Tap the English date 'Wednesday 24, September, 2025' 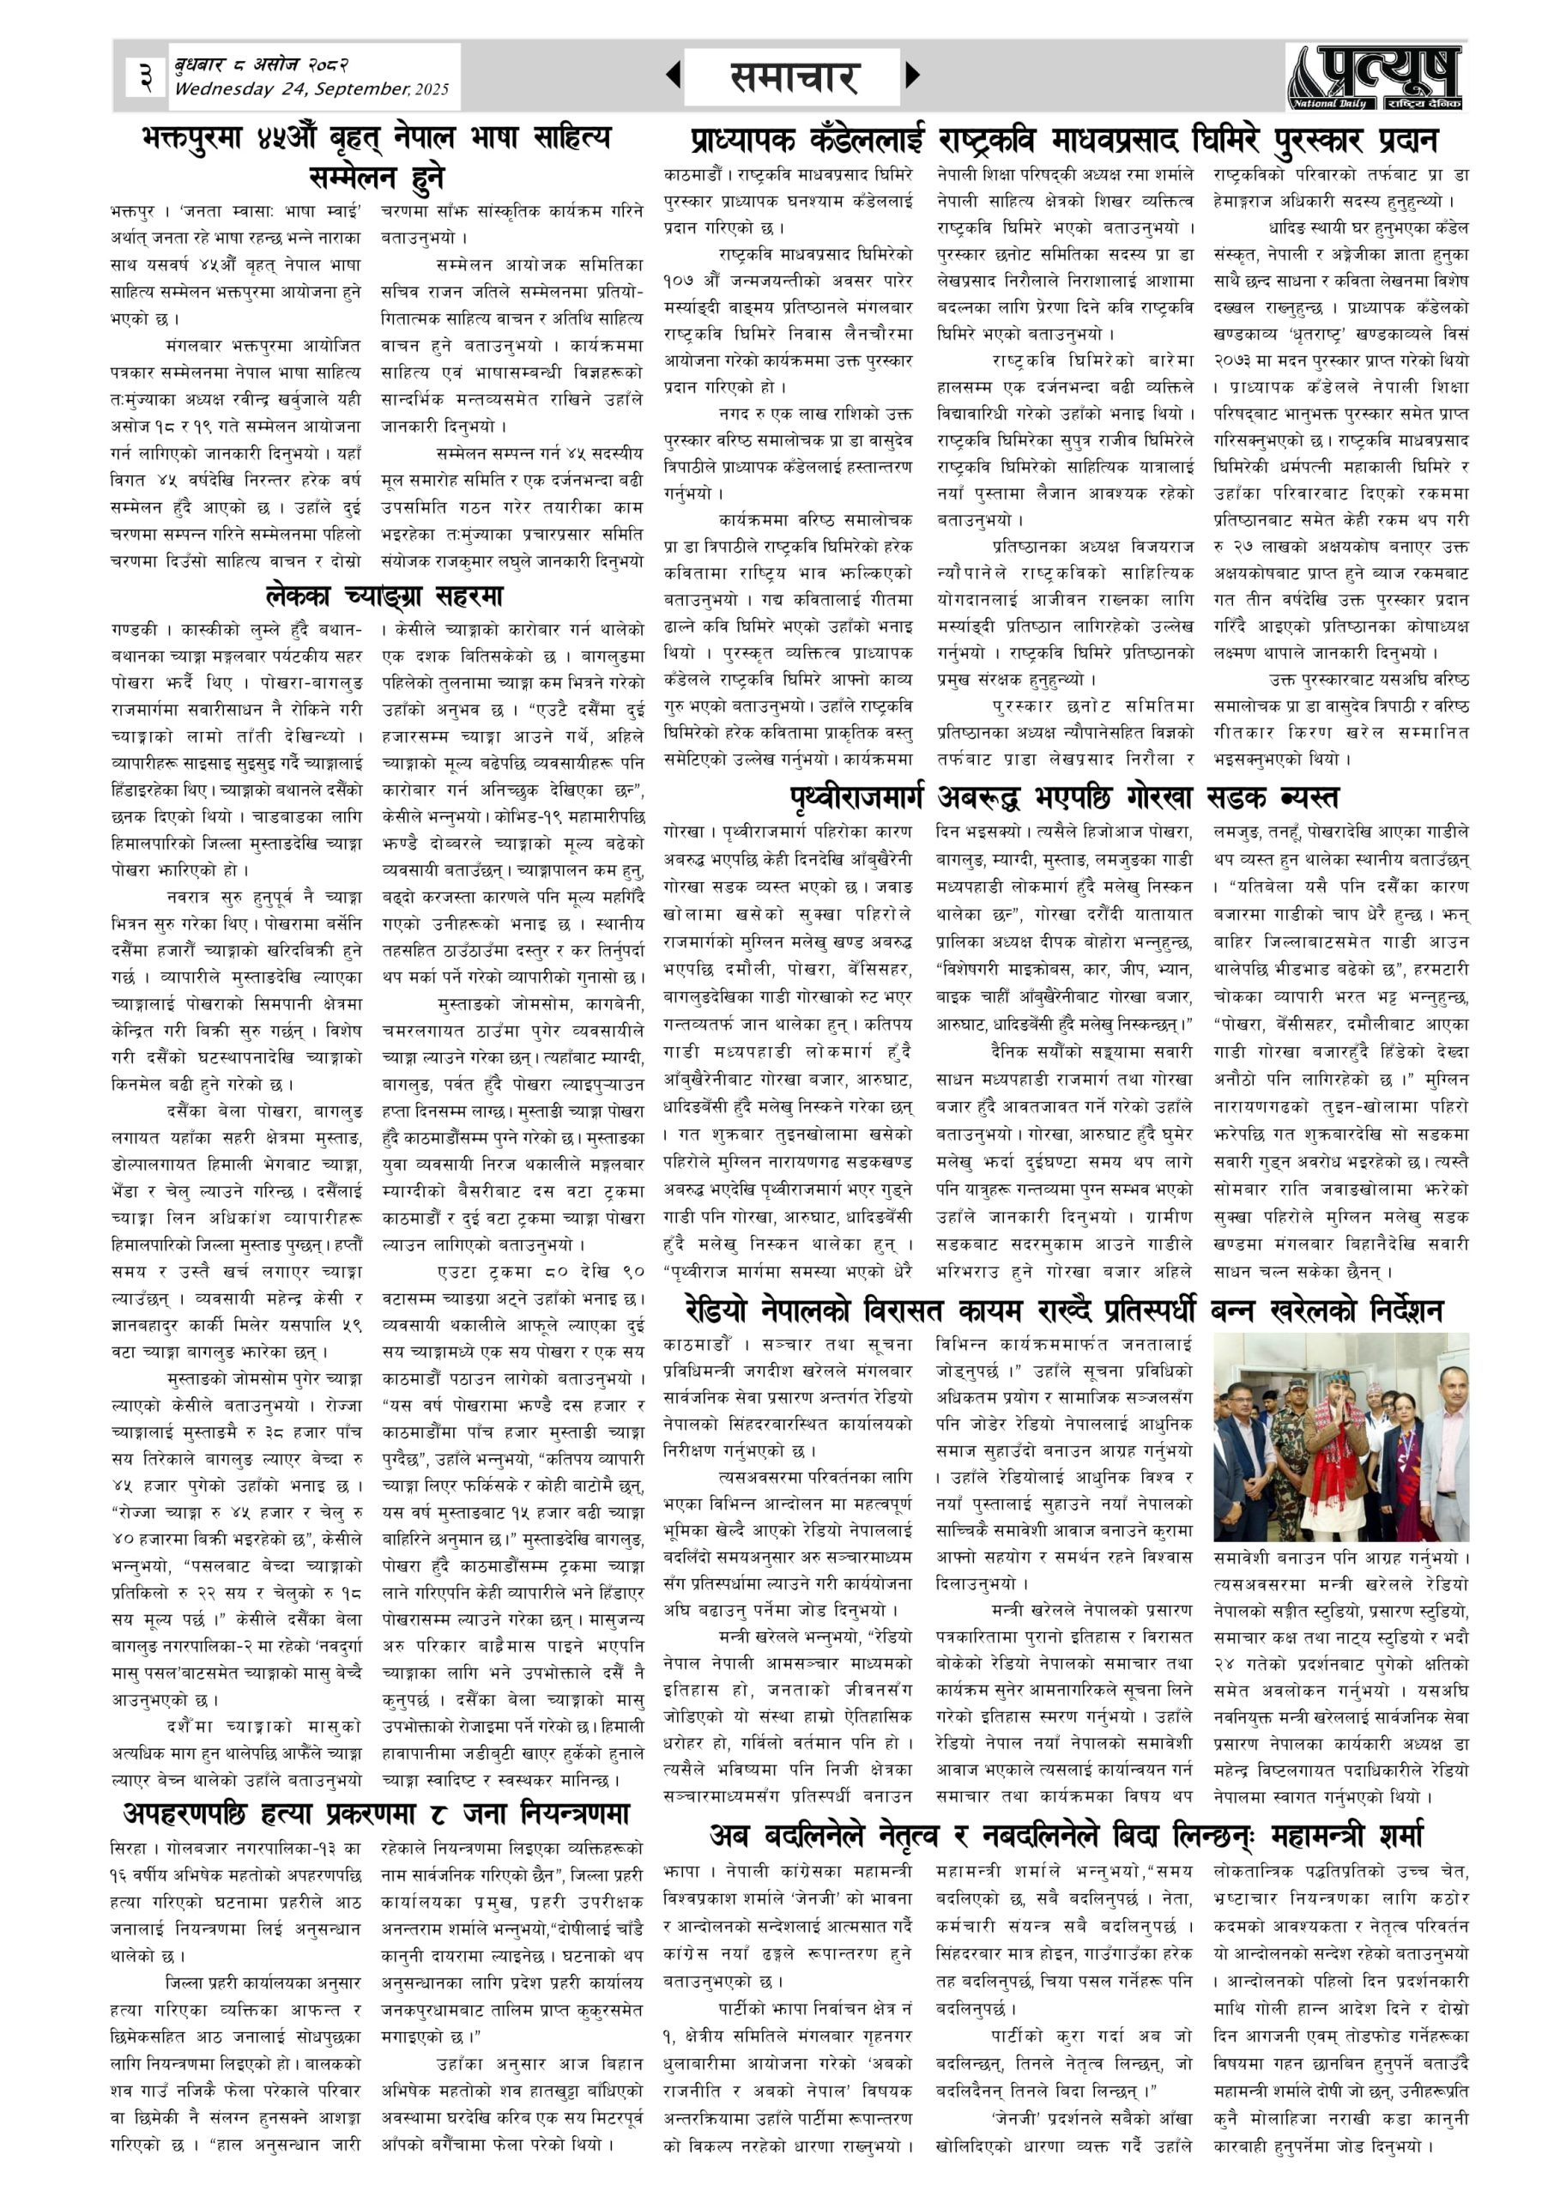coord(311,89)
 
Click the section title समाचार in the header coord(793,76)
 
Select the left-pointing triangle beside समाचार coord(674,75)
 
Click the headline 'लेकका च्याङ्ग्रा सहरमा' coord(384,596)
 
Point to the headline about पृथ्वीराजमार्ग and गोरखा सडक coord(1063,798)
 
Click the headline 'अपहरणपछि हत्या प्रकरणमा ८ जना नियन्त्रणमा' coord(376,1813)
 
